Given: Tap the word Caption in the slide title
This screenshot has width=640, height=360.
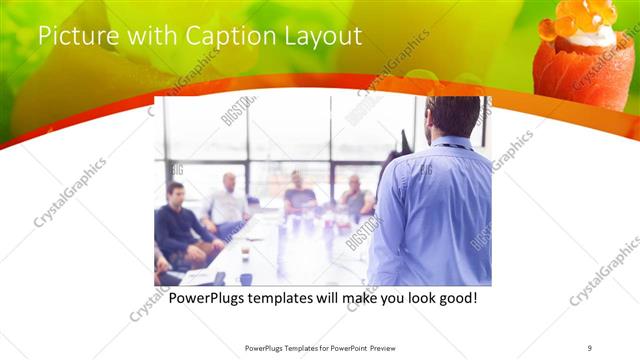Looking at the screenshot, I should click(220, 36).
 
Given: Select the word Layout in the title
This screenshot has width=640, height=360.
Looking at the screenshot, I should click(324, 36).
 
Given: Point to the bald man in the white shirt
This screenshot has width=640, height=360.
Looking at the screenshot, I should click(229, 201).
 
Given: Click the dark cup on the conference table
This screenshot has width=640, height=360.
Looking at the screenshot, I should click(246, 279).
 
